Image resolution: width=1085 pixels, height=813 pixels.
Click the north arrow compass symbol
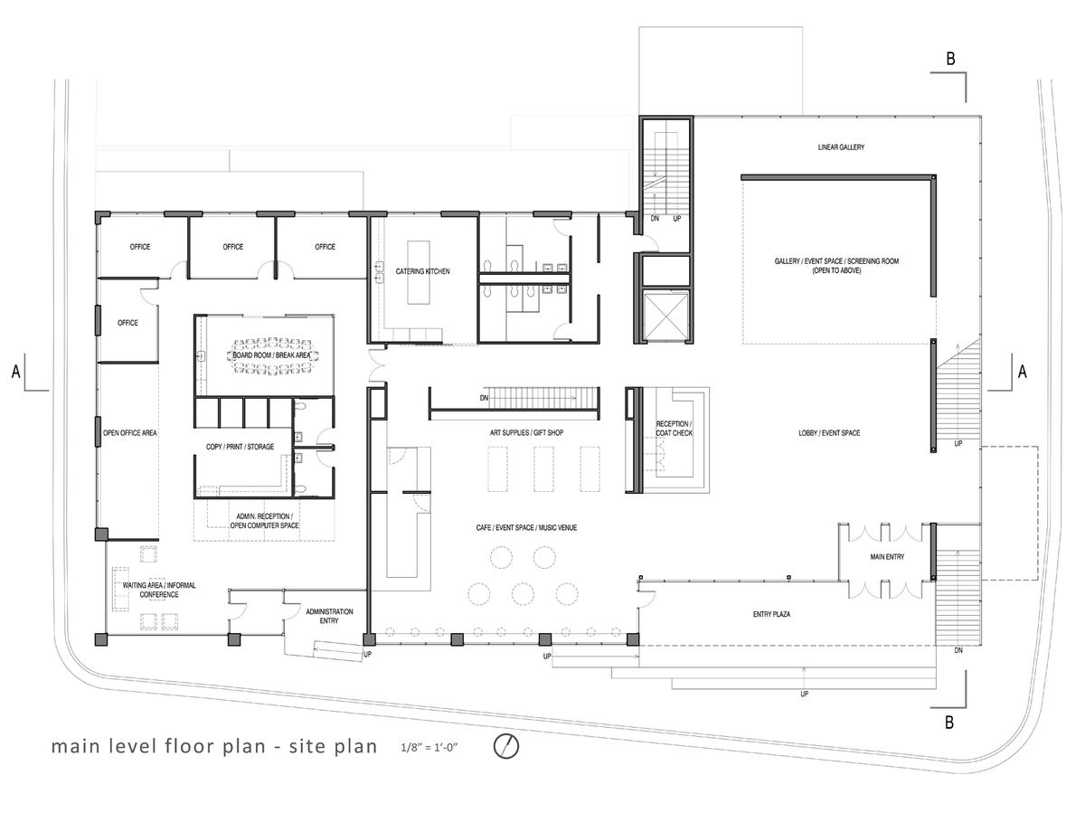click(505, 746)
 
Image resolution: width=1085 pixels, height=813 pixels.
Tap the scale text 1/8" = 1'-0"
click(429, 747)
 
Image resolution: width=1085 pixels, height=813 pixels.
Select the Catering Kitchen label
click(422, 271)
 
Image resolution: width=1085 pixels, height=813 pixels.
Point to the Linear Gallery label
click(841, 147)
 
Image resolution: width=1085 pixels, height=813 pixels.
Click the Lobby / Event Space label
click(829, 433)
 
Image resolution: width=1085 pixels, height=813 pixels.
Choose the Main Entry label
click(887, 556)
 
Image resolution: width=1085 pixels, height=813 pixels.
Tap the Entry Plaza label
click(771, 614)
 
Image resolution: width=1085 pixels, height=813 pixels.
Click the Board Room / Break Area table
click(272, 355)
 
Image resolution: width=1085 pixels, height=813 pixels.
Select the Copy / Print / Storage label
click(240, 447)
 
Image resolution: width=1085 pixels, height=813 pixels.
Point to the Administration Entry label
click(329, 616)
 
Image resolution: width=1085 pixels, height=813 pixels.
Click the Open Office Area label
click(129, 433)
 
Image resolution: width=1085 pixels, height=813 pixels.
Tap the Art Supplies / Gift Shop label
click(526, 432)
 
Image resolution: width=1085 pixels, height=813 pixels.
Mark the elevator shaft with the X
click(665, 316)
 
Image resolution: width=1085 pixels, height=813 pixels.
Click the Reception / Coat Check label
click(674, 429)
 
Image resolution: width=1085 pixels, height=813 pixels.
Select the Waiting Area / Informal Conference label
click(159, 590)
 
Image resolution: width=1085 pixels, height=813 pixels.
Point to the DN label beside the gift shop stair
click(484, 398)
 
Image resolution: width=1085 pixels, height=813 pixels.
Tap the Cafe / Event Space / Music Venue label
click(526, 528)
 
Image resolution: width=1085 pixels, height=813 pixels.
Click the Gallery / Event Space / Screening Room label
click(836, 265)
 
